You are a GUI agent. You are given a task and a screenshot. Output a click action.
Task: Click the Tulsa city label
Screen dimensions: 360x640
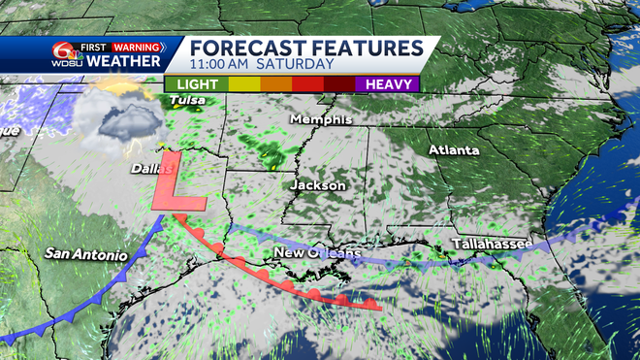pyautogui.click(x=187, y=100)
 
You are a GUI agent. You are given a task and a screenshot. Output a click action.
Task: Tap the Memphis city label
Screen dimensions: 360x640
pyautogui.click(x=315, y=120)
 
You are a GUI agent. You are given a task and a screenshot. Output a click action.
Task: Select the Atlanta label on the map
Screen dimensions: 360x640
pyautogui.click(x=455, y=150)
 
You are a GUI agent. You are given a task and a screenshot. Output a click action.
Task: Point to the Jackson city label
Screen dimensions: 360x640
pyautogui.click(x=317, y=184)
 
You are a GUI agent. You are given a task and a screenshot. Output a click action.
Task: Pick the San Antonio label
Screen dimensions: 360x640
pyautogui.click(x=85, y=254)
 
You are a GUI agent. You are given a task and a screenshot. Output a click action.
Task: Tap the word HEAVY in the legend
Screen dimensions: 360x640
pyautogui.click(x=392, y=83)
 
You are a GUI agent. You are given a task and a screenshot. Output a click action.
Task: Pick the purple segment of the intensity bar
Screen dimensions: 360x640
pyautogui.click(x=388, y=83)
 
